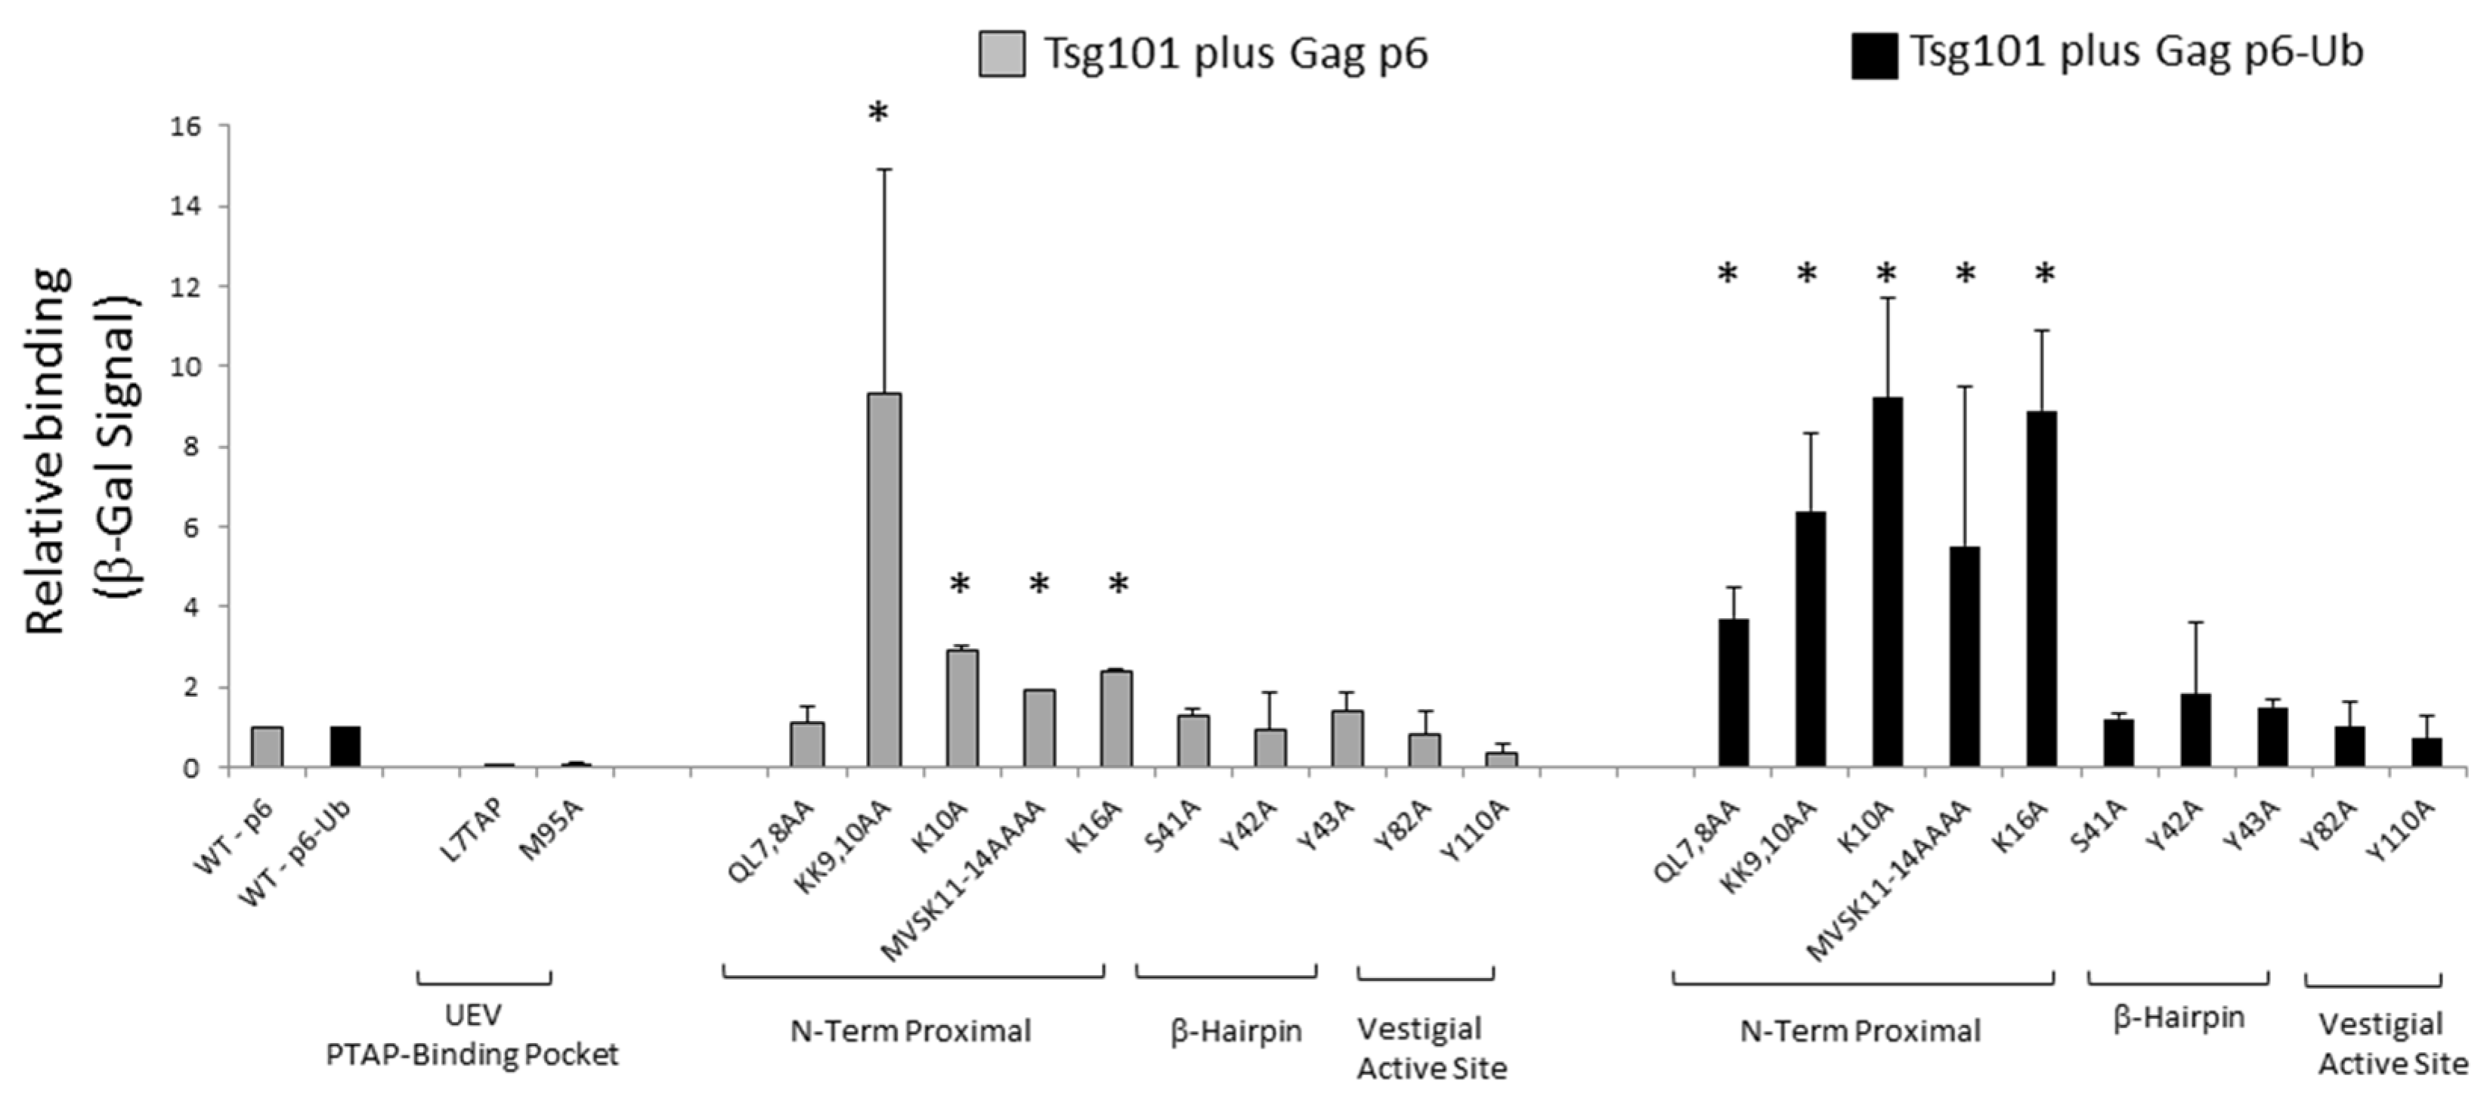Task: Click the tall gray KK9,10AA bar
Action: [x=884, y=580]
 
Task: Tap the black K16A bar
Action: [x=2041, y=589]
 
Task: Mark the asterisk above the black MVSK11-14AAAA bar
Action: [x=1966, y=275]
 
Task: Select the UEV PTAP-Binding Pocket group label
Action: [x=472, y=1035]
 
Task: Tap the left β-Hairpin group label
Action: [x=1236, y=1032]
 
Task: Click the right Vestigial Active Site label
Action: [x=2392, y=1044]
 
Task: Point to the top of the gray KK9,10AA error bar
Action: [x=884, y=170]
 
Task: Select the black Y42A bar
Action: [x=2195, y=730]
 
